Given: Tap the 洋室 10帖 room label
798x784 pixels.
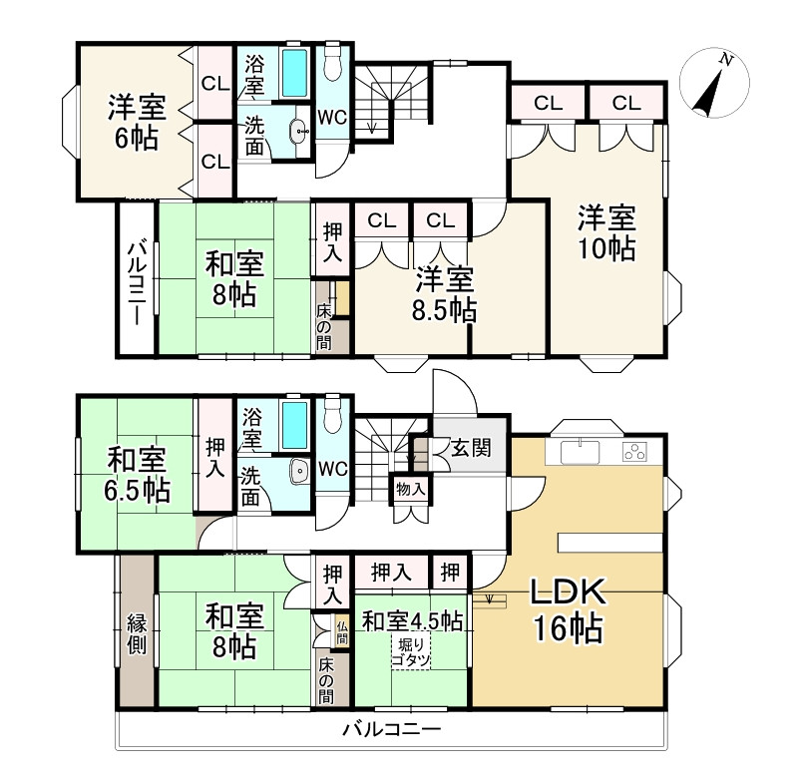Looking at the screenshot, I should (x=607, y=232).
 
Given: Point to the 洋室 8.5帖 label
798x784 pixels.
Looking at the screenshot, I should (x=445, y=294).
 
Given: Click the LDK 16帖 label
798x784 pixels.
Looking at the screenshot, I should (x=569, y=610).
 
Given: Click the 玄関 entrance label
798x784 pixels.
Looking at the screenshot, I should (x=470, y=448).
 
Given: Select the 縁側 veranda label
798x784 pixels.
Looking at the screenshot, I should (x=138, y=632).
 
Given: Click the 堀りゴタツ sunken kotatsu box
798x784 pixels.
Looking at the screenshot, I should (x=410, y=654).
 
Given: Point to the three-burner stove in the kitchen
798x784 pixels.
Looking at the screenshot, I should (x=635, y=452).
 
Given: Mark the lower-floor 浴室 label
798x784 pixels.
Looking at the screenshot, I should (x=253, y=426).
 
